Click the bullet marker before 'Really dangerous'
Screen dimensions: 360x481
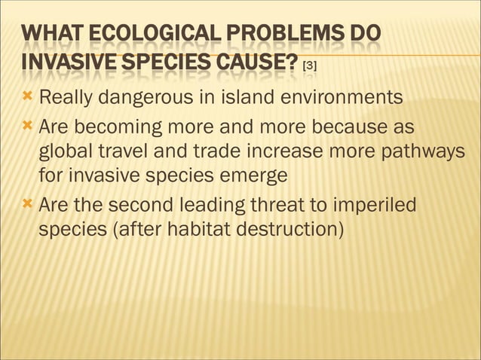pyautogui.click(x=29, y=97)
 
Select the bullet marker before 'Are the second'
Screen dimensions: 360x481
pyautogui.click(x=29, y=204)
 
